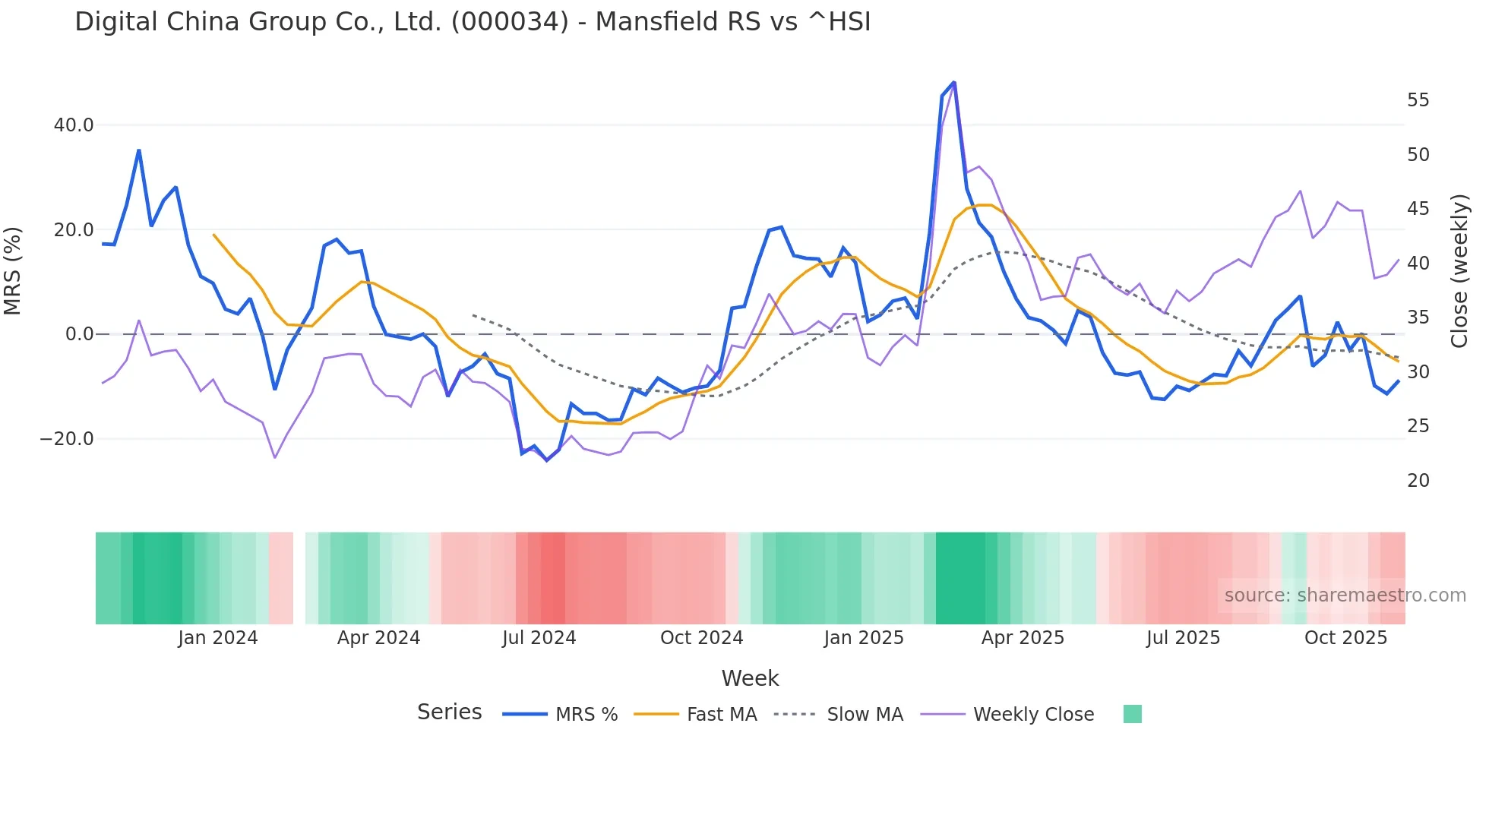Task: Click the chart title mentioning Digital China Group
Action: coord(473,22)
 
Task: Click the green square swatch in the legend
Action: coord(1132,714)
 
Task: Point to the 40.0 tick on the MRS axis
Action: coord(74,125)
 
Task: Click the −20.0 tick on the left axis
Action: coord(67,439)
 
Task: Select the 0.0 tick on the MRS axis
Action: coord(79,334)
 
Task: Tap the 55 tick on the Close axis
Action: coord(1418,100)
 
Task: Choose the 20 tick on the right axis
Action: coord(1418,481)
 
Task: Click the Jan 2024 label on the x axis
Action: coord(218,638)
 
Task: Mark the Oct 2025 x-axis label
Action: coord(1345,638)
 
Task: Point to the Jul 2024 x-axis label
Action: coord(539,638)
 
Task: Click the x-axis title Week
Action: coord(750,678)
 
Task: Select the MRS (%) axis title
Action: coord(13,271)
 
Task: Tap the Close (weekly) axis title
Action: coord(1459,271)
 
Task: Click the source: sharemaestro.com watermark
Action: coord(1345,595)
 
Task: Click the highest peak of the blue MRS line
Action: coord(953,83)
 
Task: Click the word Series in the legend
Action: coord(449,712)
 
